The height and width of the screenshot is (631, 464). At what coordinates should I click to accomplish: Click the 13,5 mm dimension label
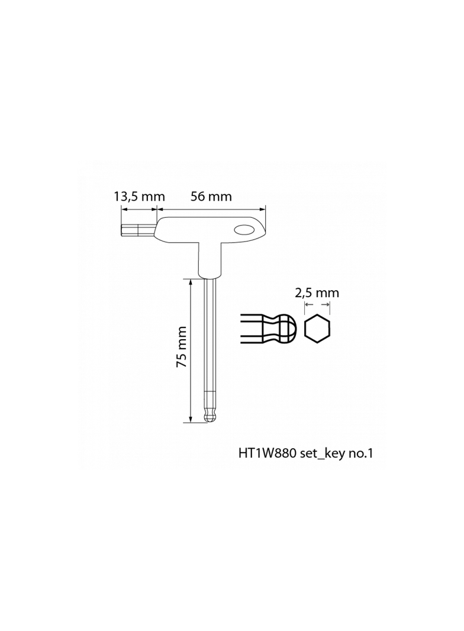pyautogui.click(x=139, y=197)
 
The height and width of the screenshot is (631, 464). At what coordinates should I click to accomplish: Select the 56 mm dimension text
pyautogui.click(x=211, y=197)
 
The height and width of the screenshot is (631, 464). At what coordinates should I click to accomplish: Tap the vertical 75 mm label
pyautogui.click(x=182, y=346)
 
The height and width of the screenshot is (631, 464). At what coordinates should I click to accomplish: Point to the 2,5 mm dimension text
pyautogui.click(x=317, y=293)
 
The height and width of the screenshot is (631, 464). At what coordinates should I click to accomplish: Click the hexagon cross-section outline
pyautogui.click(x=317, y=329)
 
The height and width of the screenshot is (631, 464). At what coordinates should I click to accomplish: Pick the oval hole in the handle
pyautogui.click(x=244, y=230)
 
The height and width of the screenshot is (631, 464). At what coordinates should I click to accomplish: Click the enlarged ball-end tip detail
pyautogui.click(x=269, y=329)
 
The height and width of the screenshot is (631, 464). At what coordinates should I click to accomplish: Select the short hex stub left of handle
pyautogui.click(x=138, y=230)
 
